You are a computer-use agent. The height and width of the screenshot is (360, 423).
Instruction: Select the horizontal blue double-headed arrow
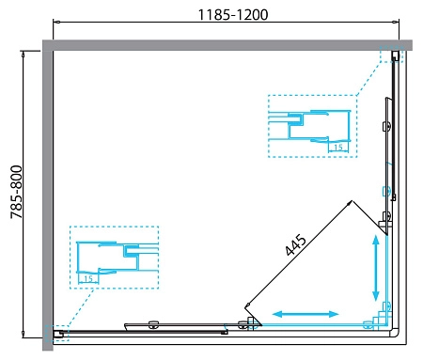coord(306,313)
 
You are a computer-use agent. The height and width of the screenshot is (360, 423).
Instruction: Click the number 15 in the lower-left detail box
coord(88,278)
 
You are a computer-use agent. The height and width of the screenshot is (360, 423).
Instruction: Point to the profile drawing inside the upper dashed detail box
coord(310,127)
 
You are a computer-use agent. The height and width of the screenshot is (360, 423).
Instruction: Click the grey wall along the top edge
coord(226,44)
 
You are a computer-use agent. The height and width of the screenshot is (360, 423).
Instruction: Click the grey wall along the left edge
coord(46,188)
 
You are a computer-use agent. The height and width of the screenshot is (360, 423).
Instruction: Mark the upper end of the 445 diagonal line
coord(350,201)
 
